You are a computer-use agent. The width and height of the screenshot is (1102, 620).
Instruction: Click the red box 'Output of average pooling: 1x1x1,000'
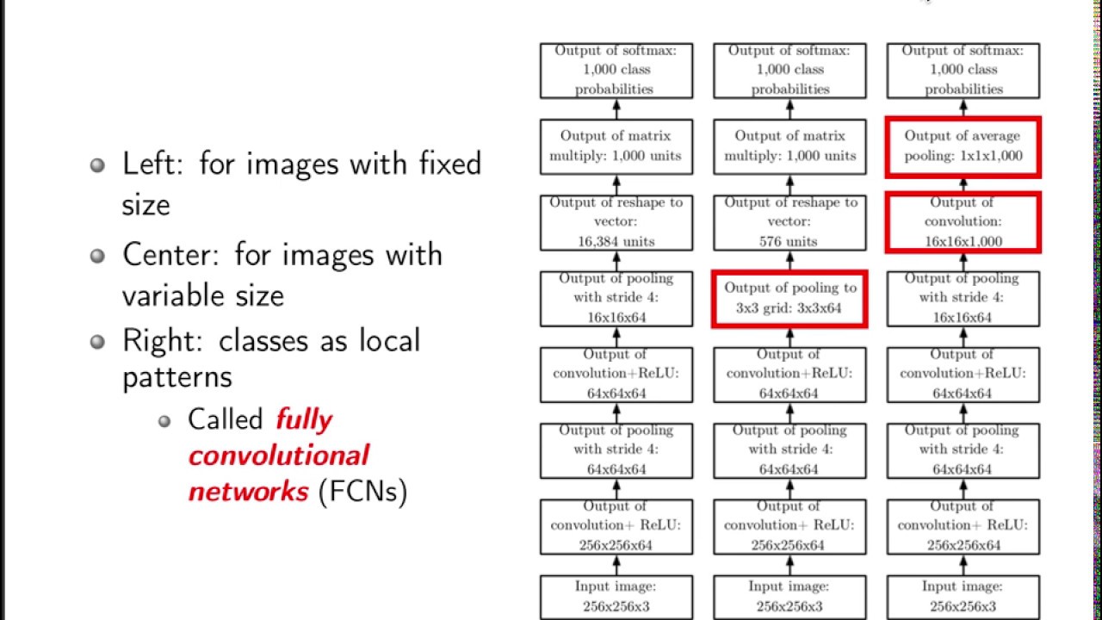tap(963, 146)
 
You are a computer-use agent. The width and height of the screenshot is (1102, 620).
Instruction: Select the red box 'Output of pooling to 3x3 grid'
tap(789, 299)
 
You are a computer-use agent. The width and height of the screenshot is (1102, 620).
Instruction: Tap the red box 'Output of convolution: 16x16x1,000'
tap(963, 222)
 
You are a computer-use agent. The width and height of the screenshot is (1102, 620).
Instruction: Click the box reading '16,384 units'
tap(616, 222)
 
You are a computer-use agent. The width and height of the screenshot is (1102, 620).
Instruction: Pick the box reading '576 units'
tap(789, 222)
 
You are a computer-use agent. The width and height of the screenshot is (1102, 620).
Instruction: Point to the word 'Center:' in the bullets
tap(170, 255)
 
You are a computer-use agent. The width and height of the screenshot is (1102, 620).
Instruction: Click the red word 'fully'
tap(304, 420)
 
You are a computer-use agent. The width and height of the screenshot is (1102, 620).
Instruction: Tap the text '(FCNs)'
tap(362, 492)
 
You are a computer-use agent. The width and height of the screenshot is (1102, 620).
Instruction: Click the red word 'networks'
tap(248, 492)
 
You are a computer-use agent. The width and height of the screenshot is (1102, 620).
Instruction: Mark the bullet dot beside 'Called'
tap(165, 421)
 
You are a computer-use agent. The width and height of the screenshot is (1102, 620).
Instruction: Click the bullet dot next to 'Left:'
tap(99, 165)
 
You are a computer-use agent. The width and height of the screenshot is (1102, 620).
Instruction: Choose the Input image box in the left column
tap(616, 597)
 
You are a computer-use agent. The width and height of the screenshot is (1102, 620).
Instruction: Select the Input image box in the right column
tap(963, 597)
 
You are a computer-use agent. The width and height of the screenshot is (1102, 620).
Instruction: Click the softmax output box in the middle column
tap(789, 70)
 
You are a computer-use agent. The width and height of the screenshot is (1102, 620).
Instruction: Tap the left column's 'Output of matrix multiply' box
tap(616, 146)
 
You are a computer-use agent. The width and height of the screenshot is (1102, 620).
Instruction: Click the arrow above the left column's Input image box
tap(616, 565)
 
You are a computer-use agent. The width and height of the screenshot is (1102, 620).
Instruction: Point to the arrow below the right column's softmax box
tap(963, 108)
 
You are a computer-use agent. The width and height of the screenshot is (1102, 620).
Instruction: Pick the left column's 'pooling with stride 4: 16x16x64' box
tap(616, 299)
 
